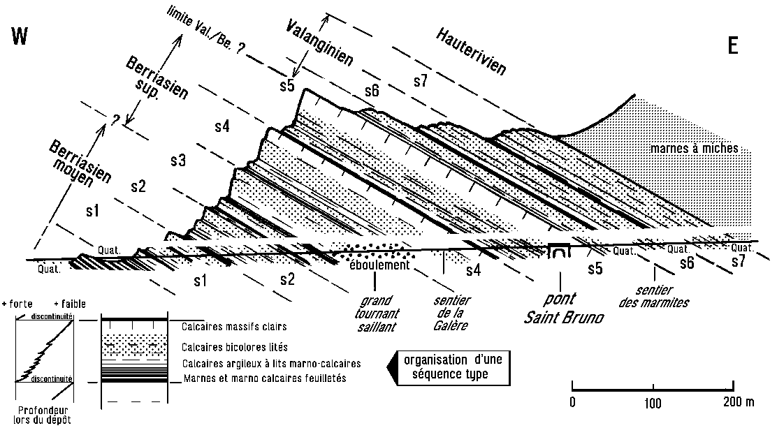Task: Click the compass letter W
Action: pos(20,36)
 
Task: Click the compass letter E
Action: pos(732,45)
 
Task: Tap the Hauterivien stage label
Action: pos(471,51)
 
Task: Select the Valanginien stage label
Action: pos(319,43)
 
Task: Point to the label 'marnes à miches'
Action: pos(694,148)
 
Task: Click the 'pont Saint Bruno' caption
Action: pos(565,308)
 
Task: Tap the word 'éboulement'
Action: pos(379,265)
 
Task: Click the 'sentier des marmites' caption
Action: pos(654,296)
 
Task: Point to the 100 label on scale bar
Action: pos(653,402)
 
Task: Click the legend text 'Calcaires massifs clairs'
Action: pos(234,327)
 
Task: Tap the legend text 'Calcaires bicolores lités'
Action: pos(234,347)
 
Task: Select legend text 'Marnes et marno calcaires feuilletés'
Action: pos(265,378)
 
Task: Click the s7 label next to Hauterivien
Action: pos(420,81)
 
